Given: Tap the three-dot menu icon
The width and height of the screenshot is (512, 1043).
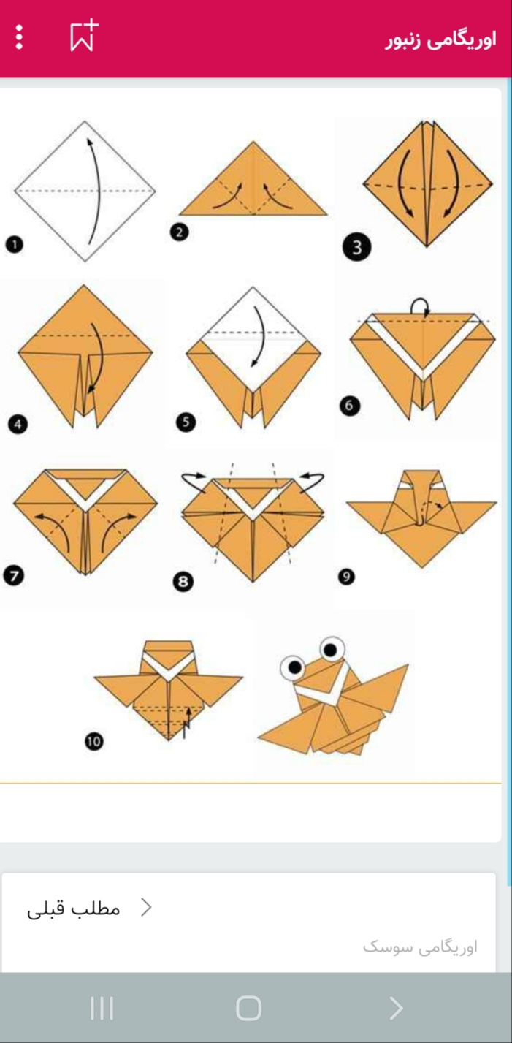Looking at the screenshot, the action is [x=19, y=37].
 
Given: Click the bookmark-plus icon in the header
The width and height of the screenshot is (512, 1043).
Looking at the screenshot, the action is [x=84, y=35].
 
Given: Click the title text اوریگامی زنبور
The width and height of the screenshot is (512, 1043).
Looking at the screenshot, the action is [x=440, y=40].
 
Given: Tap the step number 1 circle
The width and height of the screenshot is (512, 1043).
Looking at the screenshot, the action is [x=14, y=244].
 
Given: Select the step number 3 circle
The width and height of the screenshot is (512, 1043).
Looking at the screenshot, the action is [x=357, y=247].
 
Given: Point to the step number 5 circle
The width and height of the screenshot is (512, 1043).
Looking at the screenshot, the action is [x=186, y=422].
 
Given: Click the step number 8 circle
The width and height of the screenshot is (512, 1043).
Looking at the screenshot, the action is [x=183, y=581].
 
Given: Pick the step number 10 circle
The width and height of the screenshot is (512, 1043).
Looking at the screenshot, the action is [x=93, y=741].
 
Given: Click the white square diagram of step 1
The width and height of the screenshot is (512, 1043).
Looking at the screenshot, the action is [x=85, y=191].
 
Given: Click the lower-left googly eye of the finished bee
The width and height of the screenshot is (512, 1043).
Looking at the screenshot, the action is [x=293, y=668].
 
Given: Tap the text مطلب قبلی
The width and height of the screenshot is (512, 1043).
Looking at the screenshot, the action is [x=74, y=909].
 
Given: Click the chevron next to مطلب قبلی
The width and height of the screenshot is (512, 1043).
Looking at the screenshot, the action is [x=146, y=908].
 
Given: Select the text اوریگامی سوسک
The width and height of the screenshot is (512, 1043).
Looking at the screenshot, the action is [x=420, y=947].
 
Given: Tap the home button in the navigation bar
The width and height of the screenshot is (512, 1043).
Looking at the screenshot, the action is [x=248, y=1008].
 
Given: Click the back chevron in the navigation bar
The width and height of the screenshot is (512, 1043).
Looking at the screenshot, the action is [x=396, y=1008].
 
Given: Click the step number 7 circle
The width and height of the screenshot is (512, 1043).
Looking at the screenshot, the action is [x=13, y=575].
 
